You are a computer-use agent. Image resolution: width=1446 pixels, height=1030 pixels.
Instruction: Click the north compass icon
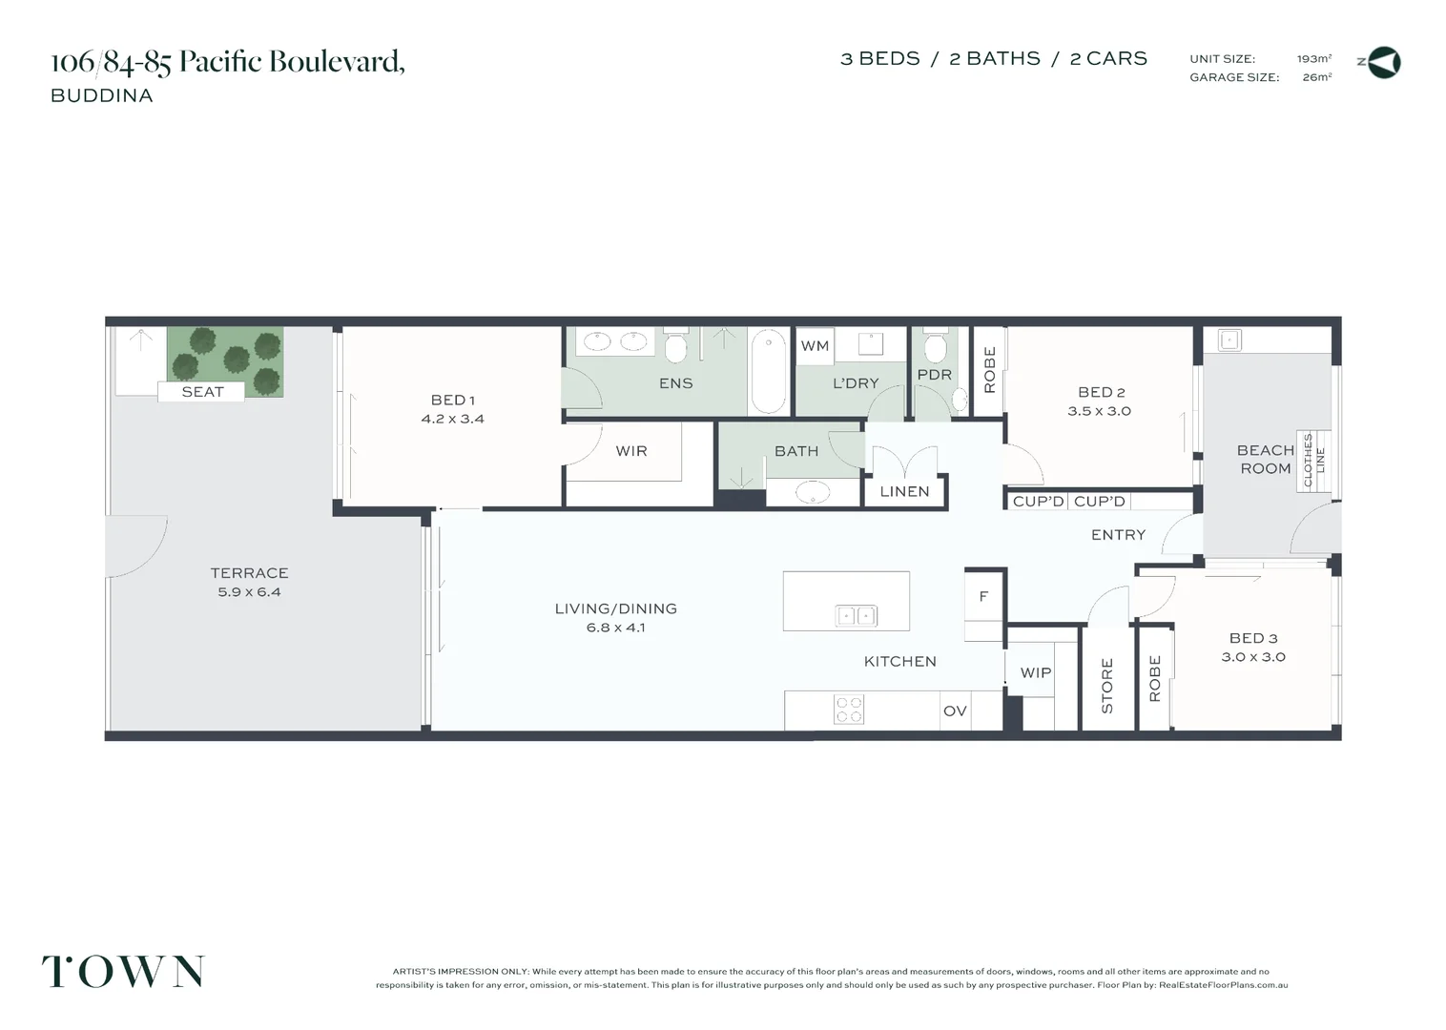[x=1384, y=63]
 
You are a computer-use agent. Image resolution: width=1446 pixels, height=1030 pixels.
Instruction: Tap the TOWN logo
[x=123, y=972]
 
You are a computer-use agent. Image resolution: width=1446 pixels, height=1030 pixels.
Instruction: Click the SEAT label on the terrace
[x=202, y=392]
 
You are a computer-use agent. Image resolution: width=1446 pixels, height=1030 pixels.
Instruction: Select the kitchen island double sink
[x=856, y=616]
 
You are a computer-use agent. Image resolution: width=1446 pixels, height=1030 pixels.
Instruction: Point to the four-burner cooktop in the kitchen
[x=849, y=710]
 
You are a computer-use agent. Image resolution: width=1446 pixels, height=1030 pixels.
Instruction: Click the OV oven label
[x=955, y=711]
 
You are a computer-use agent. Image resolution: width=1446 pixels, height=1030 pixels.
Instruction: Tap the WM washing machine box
[x=815, y=346]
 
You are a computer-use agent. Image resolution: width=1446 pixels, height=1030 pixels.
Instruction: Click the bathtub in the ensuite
[x=768, y=372]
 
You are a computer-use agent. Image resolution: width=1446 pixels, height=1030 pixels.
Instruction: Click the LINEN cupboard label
[x=904, y=492]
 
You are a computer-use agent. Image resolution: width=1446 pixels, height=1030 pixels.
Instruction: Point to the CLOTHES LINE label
[x=1314, y=461]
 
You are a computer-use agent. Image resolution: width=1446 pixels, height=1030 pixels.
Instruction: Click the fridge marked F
[x=983, y=597]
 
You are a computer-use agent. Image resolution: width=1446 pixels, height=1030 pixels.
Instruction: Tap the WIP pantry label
[x=1036, y=673]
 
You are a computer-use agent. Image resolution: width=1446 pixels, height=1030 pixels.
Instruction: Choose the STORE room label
[x=1107, y=686]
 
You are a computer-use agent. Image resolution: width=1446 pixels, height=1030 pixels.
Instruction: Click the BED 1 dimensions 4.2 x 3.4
[x=453, y=420]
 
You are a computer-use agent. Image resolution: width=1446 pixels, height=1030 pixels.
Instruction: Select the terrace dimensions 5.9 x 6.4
[x=249, y=592]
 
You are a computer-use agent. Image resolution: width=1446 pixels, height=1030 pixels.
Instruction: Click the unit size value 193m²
[x=1314, y=59]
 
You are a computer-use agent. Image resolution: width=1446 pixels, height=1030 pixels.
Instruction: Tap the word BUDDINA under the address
[x=102, y=95]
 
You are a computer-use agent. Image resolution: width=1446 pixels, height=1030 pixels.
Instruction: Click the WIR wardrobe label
[x=631, y=451]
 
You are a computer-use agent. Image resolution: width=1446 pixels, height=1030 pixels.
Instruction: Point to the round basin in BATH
[x=812, y=493]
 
